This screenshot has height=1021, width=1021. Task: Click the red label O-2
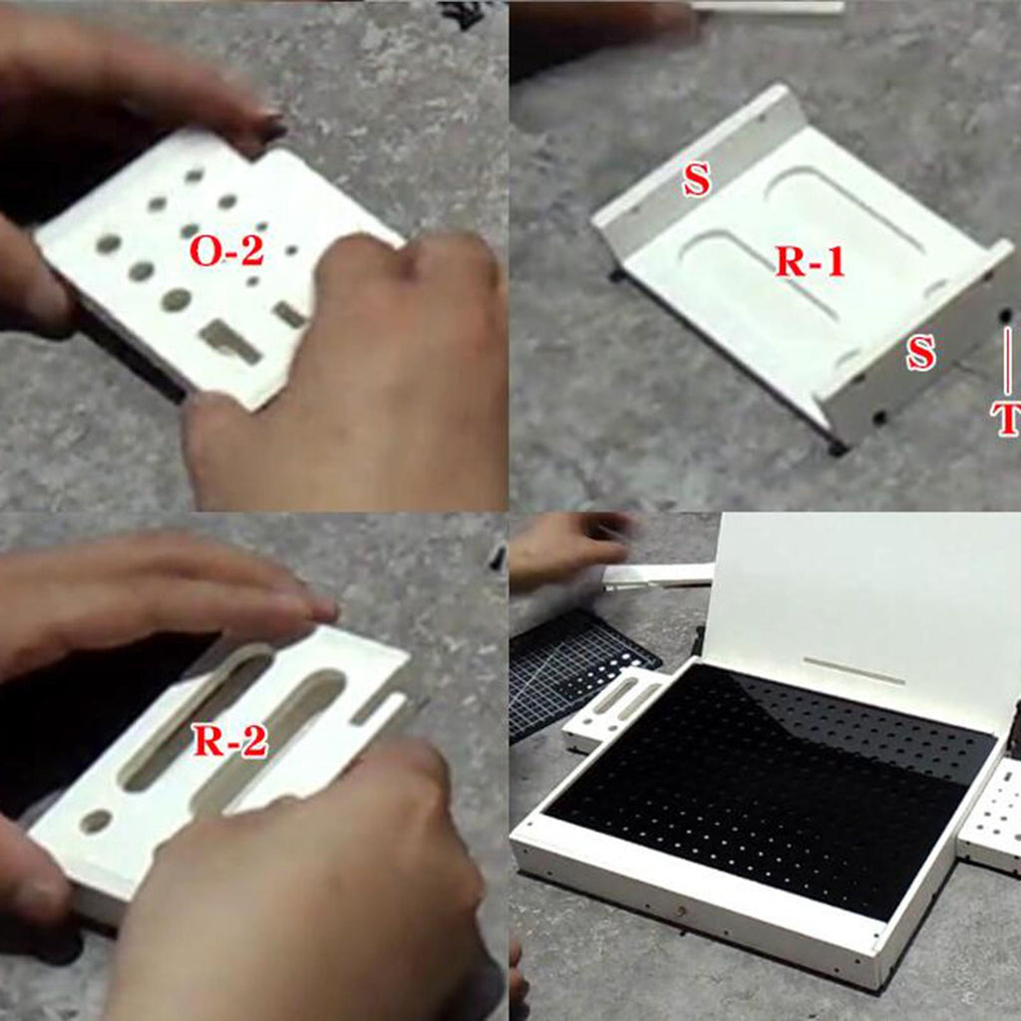pos(226,250)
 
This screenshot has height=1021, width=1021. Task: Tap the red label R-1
pos(811,262)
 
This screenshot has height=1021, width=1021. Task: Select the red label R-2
pos(230,741)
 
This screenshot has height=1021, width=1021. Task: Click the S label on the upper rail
pos(696,180)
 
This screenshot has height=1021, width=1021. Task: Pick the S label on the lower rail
pos(920,353)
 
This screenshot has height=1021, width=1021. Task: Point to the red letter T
pos(1006,418)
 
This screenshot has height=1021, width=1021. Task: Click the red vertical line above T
pos(1008,360)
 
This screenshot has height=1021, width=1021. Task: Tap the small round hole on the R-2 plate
pos(96,822)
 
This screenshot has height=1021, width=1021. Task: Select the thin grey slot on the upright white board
pos(853,671)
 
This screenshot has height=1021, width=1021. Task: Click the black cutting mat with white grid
pos(579,671)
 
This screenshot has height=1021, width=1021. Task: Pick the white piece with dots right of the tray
pos(991,814)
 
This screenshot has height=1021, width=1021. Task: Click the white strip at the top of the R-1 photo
pos(769,7)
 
